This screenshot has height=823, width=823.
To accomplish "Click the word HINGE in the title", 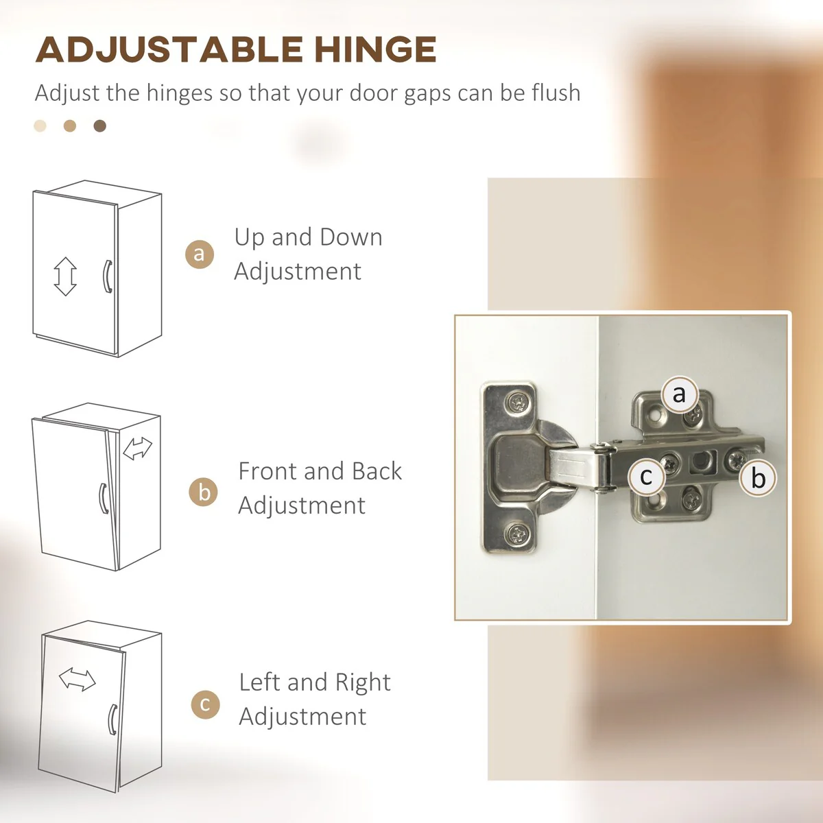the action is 375,49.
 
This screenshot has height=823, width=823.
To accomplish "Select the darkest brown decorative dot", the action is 100,126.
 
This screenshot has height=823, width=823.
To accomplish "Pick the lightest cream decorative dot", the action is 40,126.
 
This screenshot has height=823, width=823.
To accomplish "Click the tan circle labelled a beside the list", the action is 200,254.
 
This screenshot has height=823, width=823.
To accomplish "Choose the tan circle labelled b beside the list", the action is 203,492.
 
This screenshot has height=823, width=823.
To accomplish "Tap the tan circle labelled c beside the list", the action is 206,704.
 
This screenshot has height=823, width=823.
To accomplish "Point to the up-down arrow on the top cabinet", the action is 65,276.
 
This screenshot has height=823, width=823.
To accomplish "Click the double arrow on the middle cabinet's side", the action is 137,449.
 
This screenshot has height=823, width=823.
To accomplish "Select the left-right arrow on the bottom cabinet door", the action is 77,679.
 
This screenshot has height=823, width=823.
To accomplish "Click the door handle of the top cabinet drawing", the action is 108,276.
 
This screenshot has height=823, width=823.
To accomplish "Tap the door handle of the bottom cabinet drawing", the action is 112,719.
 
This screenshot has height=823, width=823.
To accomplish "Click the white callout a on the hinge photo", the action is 680,394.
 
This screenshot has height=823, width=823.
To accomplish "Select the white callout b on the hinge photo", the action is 758,477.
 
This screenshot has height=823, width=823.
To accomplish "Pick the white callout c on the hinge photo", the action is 646,476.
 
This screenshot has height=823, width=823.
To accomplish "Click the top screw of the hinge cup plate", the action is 518,402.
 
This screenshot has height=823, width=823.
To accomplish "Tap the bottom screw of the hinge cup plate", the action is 518,534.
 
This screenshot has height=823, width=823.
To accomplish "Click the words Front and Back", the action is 320,470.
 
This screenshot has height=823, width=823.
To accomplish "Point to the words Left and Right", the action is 315,682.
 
